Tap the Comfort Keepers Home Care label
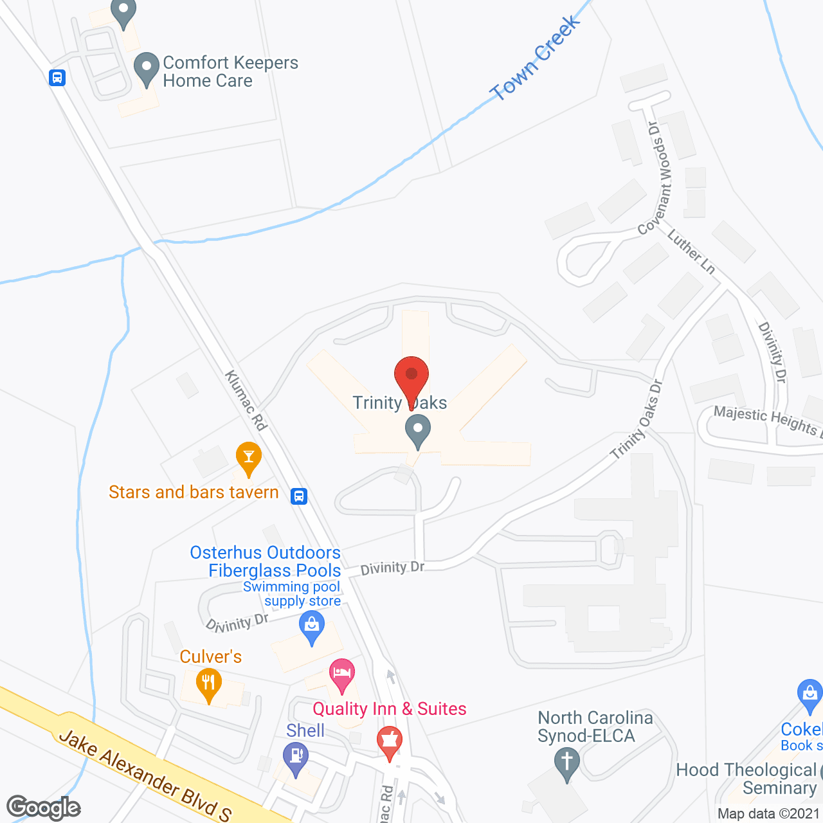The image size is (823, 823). [230, 71]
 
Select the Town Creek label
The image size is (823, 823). [535, 59]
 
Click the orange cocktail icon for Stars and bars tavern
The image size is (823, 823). [248, 458]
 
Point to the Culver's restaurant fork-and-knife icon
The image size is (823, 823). [208, 685]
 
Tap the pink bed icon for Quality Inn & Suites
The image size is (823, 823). [342, 674]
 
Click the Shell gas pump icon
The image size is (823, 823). [296, 757]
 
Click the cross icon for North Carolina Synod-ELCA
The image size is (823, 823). [566, 763]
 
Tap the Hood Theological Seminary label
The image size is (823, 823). [746, 779]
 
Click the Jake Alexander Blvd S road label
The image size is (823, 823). [145, 774]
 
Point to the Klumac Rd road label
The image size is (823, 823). [246, 400]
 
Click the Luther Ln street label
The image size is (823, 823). [691, 251]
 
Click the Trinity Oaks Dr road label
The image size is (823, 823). [637, 419]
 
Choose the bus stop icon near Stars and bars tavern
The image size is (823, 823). [298, 496]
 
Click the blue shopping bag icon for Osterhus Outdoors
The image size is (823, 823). [312, 627]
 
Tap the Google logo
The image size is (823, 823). [44, 808]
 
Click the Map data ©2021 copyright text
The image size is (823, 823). [768, 813]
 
